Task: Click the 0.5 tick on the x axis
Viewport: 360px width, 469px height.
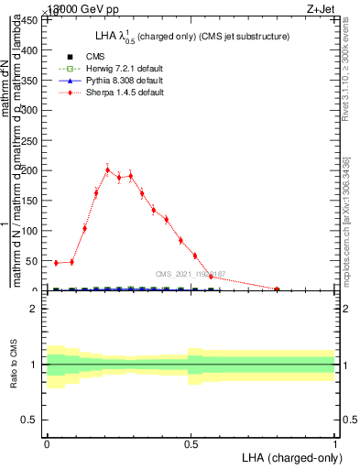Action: coord(191,443)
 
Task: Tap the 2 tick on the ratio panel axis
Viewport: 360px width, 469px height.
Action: coord(37,309)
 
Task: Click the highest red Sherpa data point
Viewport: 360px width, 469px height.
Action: coord(108,169)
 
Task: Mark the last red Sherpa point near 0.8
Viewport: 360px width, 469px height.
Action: coord(277,289)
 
